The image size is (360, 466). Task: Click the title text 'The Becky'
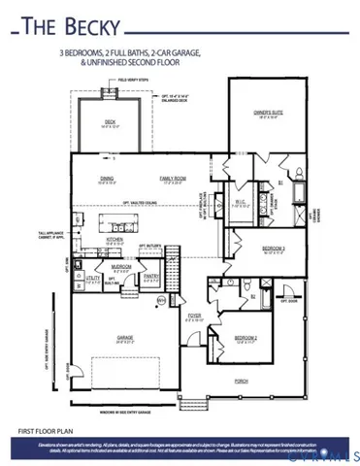tap(58, 25)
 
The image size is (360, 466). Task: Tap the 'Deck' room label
tap(110, 121)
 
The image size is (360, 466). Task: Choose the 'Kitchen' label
tap(115, 240)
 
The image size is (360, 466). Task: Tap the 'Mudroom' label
tap(121, 265)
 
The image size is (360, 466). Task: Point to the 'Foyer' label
tap(194, 316)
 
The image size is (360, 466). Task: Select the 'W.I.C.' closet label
tap(240, 202)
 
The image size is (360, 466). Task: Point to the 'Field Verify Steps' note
tap(133, 82)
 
